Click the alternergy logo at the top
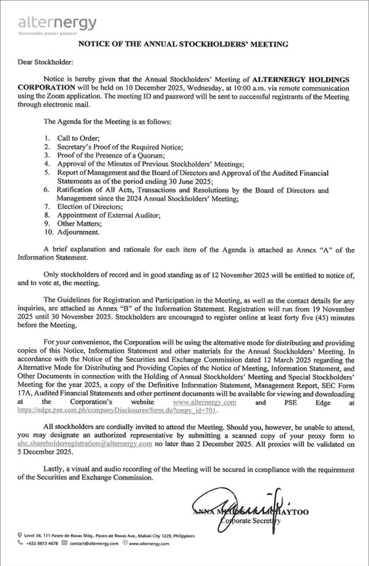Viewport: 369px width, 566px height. tap(57, 22)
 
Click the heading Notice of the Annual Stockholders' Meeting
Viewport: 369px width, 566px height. tap(183, 44)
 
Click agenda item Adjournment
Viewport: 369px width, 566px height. tap(78, 232)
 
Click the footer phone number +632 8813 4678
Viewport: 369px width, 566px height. tap(42, 543)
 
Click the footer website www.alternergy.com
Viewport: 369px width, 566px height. tap(148, 543)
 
